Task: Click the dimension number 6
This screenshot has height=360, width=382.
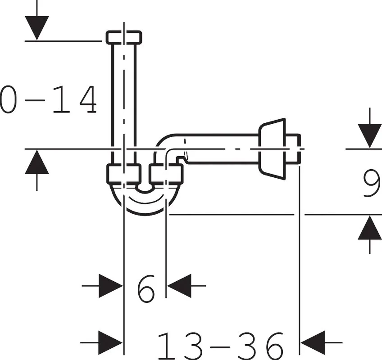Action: (146, 288)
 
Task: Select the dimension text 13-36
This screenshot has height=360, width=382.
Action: (220, 346)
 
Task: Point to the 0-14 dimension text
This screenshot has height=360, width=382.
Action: (48, 99)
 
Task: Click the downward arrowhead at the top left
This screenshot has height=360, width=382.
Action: (37, 28)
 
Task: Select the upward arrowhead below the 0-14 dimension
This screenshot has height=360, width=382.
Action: (37, 162)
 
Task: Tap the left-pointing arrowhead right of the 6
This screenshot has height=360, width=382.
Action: (179, 286)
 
